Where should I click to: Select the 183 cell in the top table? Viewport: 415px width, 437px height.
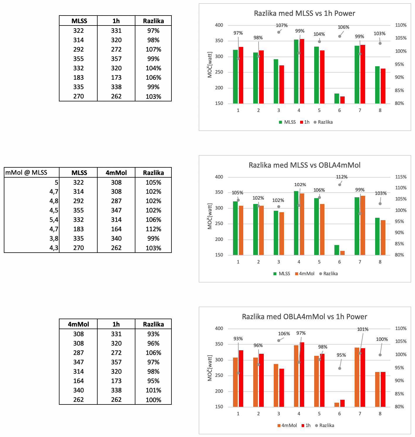[x=79, y=78]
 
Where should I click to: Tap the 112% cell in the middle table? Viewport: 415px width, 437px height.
[x=153, y=229]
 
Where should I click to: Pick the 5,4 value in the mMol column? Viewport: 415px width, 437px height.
[x=54, y=220]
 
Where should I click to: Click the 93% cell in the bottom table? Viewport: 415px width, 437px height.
[x=153, y=334]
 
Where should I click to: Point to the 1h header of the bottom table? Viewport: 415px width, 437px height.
[x=116, y=324]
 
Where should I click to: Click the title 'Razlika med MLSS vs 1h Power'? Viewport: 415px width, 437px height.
[x=304, y=13]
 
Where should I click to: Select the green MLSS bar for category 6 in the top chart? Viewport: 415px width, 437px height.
[x=337, y=98]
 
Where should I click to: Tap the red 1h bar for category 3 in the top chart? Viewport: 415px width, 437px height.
[x=281, y=84]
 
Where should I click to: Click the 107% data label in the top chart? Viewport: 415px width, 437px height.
[x=282, y=25]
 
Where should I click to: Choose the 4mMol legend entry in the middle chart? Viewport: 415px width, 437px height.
[x=305, y=273]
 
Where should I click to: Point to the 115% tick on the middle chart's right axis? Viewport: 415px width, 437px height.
[x=401, y=177]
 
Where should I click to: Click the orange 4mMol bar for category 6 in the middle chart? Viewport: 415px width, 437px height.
[x=342, y=253]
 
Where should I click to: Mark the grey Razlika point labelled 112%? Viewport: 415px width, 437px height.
[x=340, y=185]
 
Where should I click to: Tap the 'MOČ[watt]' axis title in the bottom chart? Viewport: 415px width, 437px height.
[x=210, y=368]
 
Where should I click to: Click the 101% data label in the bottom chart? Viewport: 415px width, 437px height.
[x=363, y=329]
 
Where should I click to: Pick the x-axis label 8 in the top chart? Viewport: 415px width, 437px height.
[x=380, y=110]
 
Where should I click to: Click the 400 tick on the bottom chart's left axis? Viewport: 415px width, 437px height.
[x=219, y=329]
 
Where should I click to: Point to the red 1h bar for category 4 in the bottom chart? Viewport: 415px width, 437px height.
[x=302, y=375]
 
